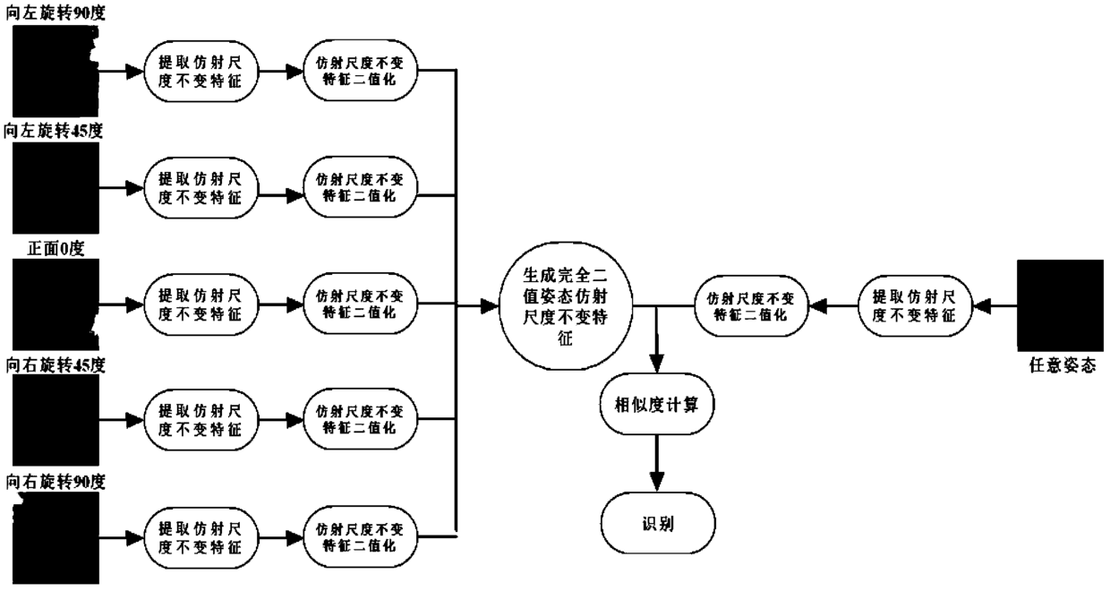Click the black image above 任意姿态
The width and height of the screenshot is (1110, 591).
1059,305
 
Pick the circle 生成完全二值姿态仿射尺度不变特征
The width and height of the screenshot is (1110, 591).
564,305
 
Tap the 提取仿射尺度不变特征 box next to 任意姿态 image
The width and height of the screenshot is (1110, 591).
913,305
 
